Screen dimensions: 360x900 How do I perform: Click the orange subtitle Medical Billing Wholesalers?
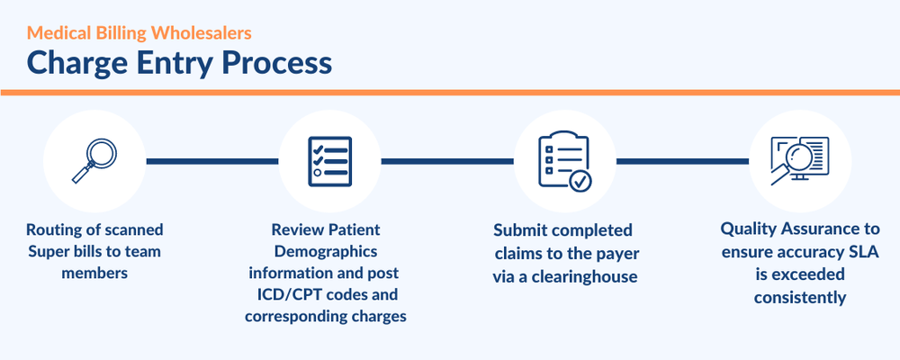click(139, 33)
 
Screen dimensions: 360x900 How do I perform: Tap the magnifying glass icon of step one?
click(94, 161)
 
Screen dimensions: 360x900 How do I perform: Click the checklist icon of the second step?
click(329, 161)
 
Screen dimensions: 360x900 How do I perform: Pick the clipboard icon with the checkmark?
click(564, 161)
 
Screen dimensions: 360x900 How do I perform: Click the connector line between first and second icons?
click(211, 161)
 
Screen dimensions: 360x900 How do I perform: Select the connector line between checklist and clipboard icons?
click(447, 161)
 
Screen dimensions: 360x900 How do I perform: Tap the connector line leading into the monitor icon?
click(682, 161)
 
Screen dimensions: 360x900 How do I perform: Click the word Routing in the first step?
click(54, 230)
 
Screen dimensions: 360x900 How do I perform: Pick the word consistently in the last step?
click(799, 295)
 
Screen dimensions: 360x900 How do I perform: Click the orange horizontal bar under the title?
click(450, 92)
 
